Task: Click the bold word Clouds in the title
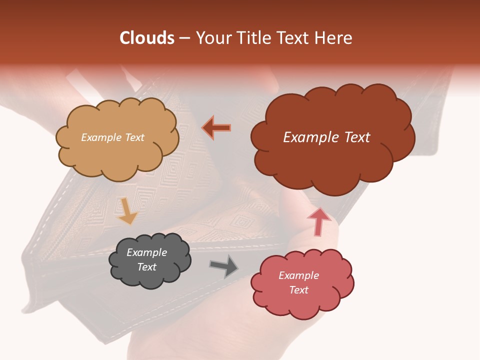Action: tap(147, 38)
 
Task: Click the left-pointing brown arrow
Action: tap(216, 128)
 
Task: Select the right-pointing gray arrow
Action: tap(223, 266)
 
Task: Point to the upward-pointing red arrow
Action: tap(318, 221)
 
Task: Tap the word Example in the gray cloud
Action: tap(146, 252)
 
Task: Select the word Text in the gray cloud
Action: tap(147, 267)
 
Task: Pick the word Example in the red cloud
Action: tap(298, 275)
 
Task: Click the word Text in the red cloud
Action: tap(298, 290)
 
